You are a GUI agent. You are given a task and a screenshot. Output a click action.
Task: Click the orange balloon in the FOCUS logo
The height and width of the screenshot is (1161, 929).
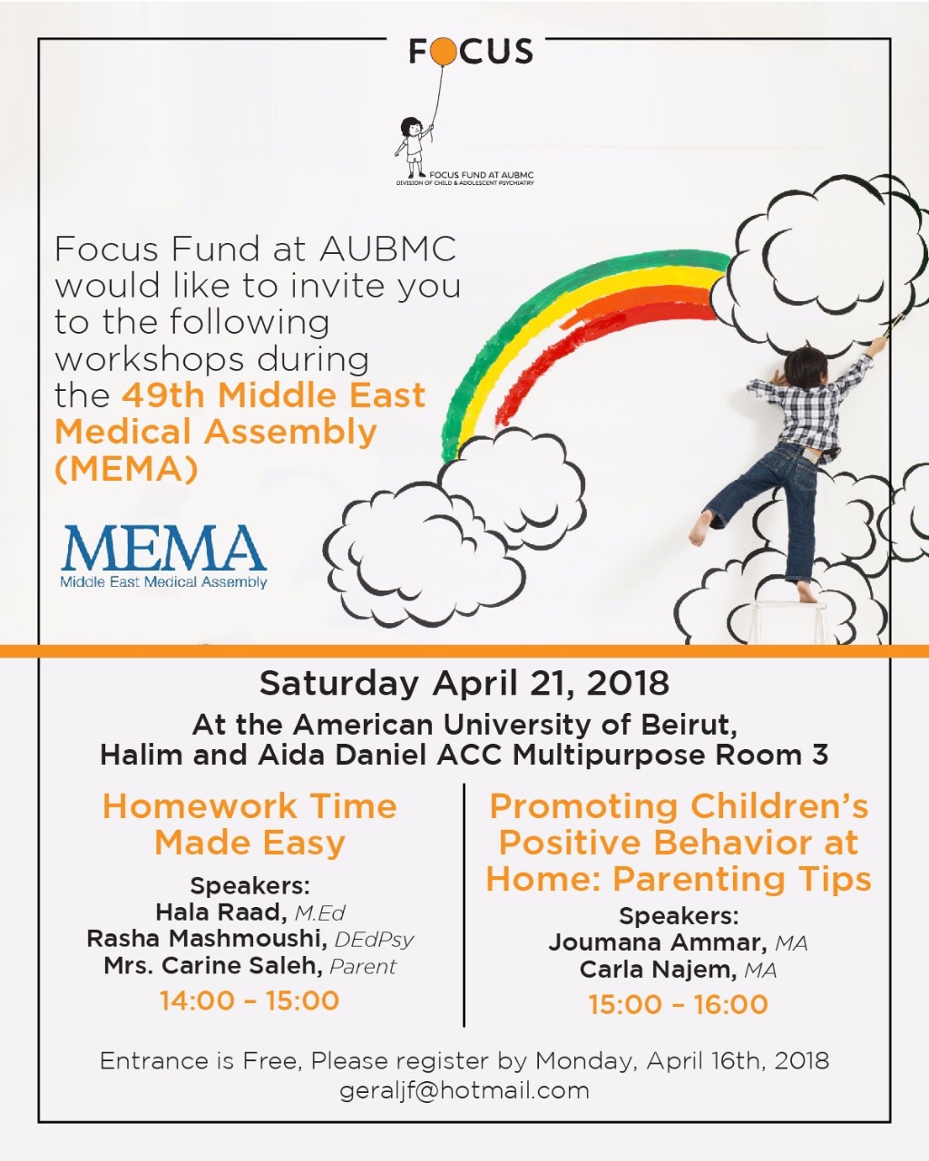tap(444, 53)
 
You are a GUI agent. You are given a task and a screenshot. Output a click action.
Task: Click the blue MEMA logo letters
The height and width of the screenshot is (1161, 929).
tap(163, 550)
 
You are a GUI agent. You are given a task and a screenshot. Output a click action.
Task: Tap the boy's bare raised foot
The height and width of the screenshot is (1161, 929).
tap(699, 528)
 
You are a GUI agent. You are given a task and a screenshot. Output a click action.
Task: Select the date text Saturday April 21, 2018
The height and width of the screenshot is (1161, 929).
tap(464, 683)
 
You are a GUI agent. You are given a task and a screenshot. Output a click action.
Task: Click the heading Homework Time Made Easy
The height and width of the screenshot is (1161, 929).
tap(249, 824)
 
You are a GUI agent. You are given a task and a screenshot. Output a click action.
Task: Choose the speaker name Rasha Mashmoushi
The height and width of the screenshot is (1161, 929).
tap(208, 939)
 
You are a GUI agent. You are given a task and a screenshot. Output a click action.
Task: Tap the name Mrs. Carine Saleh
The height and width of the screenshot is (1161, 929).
tap(213, 966)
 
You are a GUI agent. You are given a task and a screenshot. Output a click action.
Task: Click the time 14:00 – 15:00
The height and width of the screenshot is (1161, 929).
tap(249, 1000)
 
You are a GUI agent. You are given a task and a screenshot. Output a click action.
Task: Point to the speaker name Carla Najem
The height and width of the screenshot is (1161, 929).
tap(657, 970)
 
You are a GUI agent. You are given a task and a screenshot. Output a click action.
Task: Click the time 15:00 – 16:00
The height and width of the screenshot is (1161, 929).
tap(679, 1004)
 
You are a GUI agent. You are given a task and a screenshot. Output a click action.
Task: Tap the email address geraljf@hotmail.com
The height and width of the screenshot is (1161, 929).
tap(464, 1089)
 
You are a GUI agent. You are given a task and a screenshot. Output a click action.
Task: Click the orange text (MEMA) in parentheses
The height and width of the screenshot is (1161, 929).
tap(126, 469)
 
